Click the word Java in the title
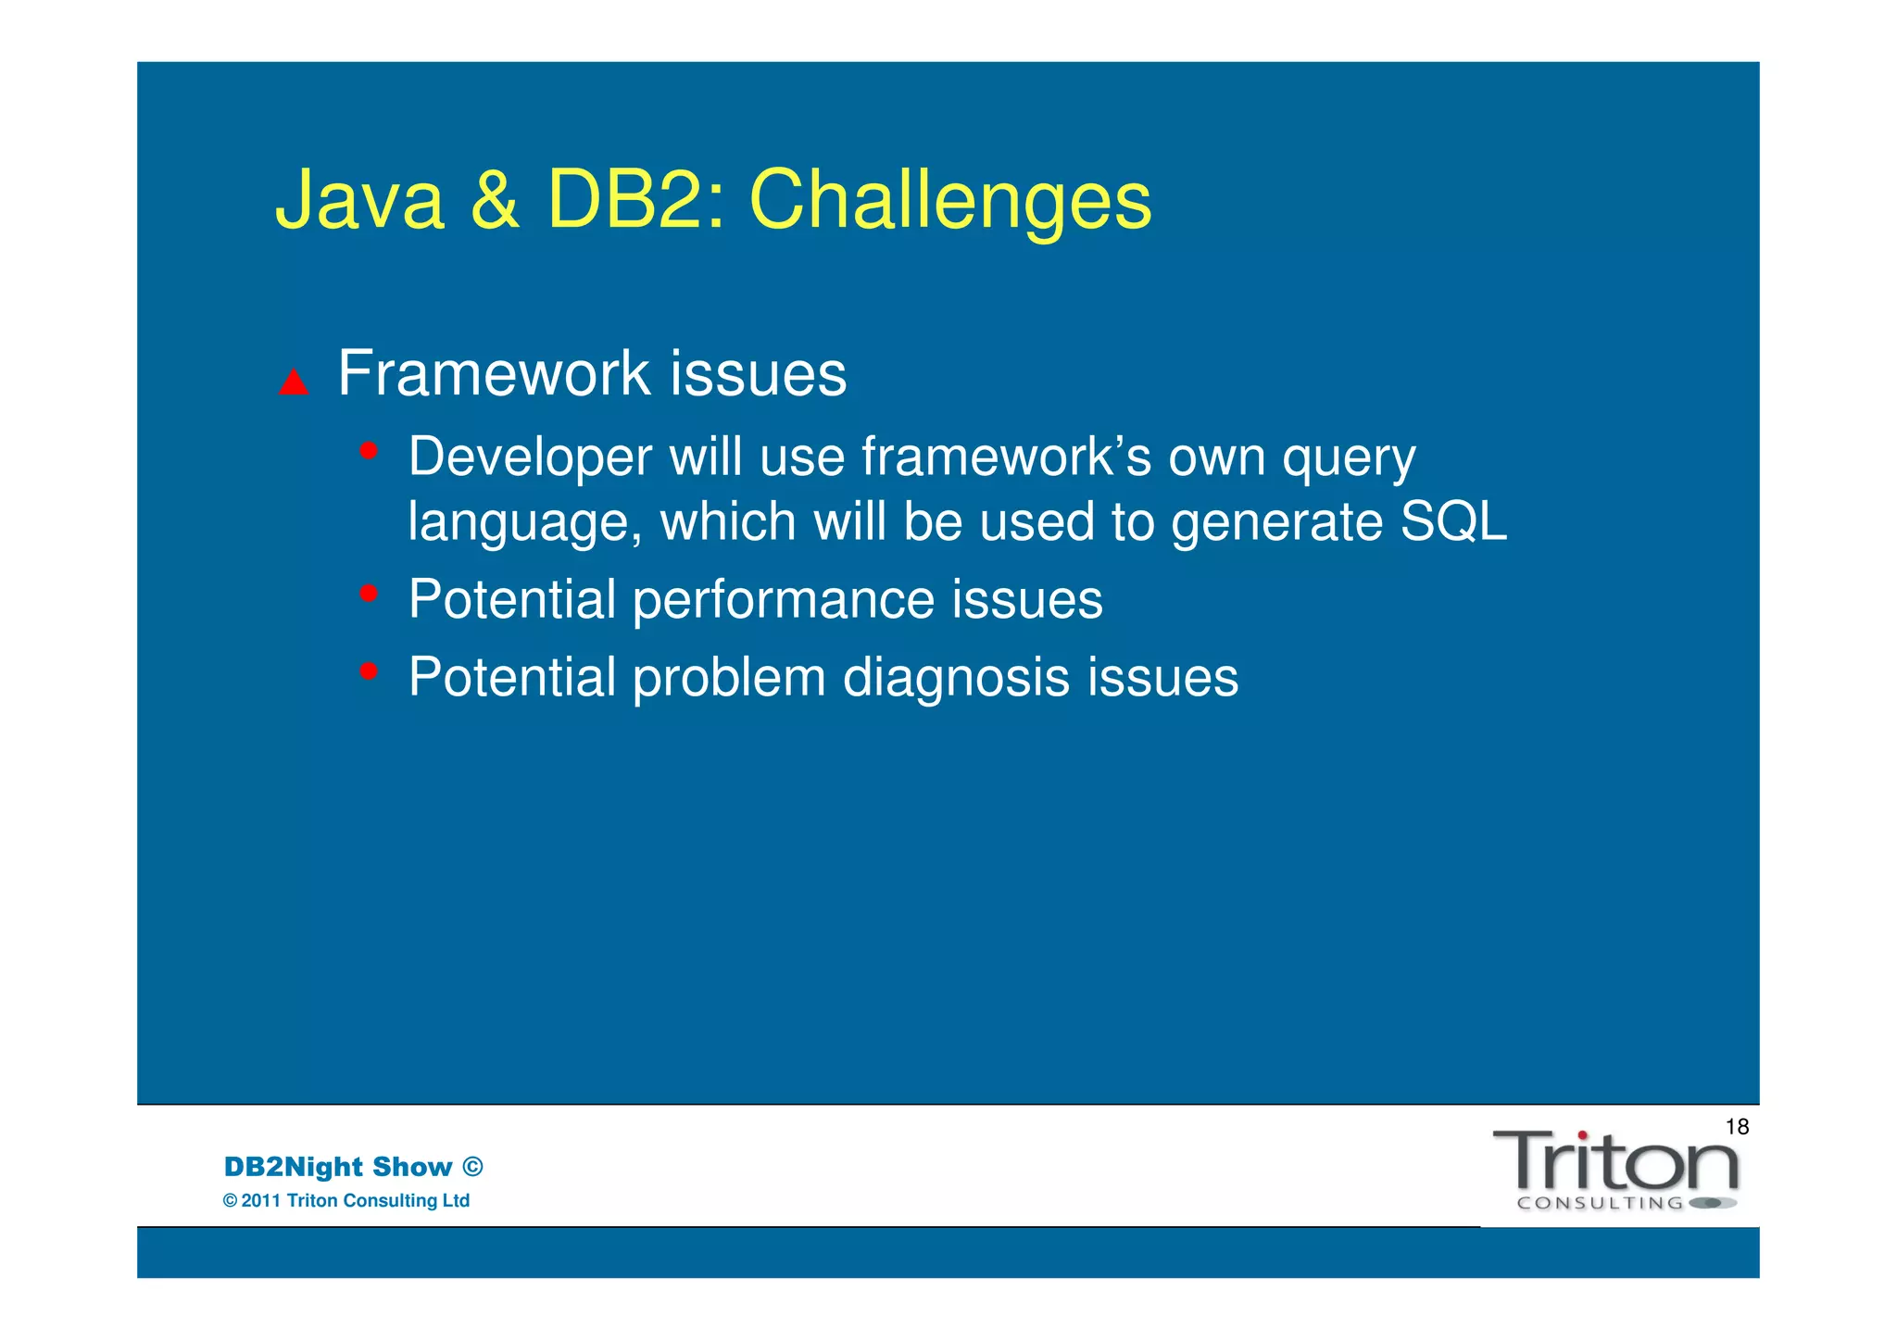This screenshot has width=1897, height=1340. point(359,201)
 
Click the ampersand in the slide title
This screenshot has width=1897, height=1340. point(495,201)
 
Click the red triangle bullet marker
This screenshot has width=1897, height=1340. point(294,382)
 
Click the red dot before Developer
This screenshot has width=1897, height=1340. point(369,451)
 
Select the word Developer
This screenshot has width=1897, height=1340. point(531,457)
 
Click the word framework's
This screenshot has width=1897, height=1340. point(1007,457)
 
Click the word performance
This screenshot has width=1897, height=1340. point(784,600)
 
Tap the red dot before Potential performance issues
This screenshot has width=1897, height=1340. point(369,593)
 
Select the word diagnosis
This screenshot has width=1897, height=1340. point(956,678)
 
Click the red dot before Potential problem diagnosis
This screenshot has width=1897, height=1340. point(369,670)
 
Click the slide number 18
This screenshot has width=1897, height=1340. point(1737,1127)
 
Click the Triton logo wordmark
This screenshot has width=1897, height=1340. point(1615,1162)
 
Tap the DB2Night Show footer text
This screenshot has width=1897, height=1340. point(338,1167)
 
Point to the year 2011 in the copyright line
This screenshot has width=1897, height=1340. point(261,1201)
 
